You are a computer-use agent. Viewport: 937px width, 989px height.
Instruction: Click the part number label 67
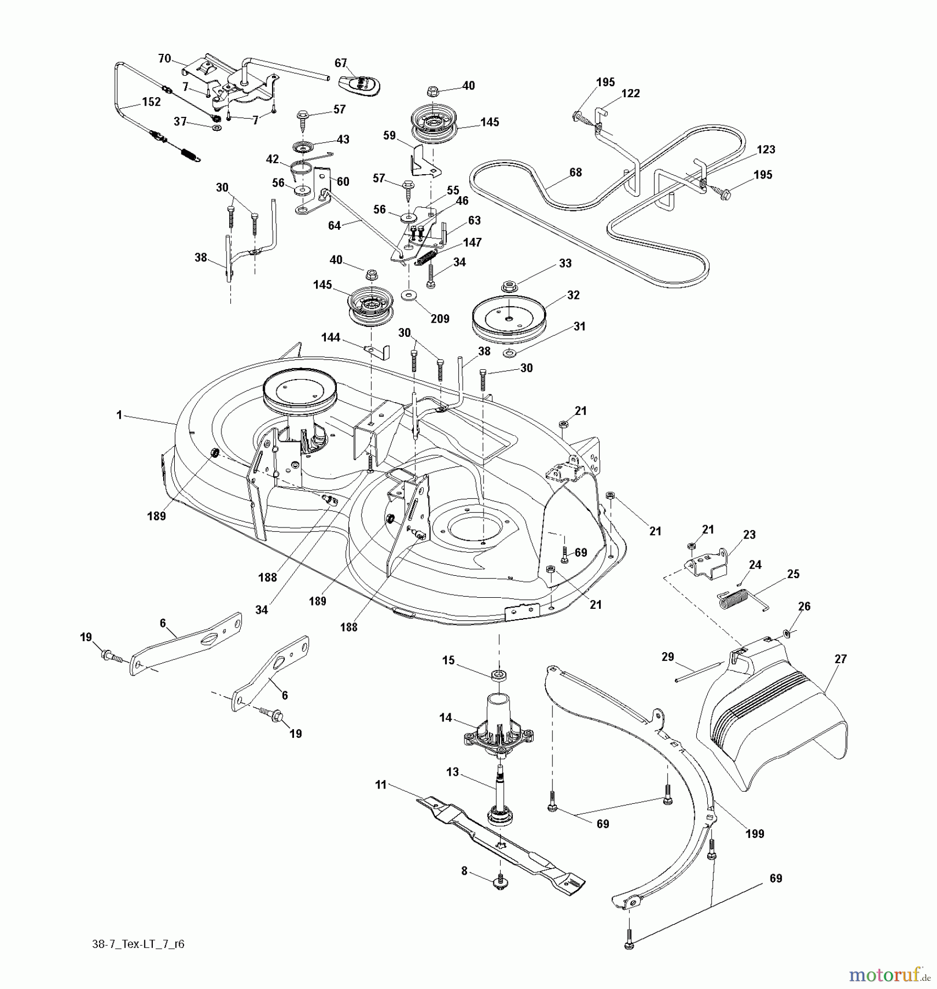(341, 63)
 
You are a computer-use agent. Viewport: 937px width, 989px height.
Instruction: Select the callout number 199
(755, 834)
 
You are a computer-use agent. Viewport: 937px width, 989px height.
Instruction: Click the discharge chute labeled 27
(769, 720)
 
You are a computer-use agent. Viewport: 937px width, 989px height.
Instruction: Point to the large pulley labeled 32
(508, 320)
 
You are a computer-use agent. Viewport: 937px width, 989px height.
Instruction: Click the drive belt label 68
(575, 173)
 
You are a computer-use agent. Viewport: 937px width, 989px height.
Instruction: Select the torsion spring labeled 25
(736, 598)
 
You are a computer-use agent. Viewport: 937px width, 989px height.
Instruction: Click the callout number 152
(151, 102)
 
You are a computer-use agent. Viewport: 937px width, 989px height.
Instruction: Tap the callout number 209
(440, 319)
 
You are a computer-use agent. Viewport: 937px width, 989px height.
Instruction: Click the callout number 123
(766, 149)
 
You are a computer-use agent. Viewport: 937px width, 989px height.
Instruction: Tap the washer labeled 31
(509, 352)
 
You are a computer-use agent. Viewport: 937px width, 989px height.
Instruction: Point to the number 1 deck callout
(119, 415)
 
